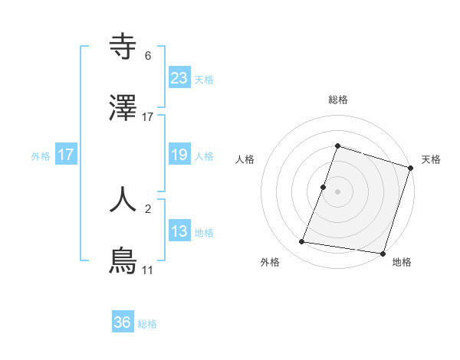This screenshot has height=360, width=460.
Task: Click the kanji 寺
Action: point(123,47)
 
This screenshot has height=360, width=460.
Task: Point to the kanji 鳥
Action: point(123,260)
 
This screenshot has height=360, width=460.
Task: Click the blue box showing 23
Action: point(179,78)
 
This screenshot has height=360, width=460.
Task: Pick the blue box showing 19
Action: point(179,155)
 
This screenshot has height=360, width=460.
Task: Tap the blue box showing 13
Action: point(179,231)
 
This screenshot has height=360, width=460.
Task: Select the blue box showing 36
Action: point(123,322)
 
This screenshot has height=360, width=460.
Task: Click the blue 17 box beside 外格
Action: point(66,155)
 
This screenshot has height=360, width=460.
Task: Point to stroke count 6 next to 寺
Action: point(148,56)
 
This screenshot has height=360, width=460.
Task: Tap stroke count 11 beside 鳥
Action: point(147,270)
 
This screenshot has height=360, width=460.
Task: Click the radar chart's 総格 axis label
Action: point(337,100)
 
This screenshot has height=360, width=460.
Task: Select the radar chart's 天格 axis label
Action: point(431,159)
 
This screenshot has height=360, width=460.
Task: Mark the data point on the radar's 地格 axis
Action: point(383,253)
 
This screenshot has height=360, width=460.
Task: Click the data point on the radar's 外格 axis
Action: point(302,242)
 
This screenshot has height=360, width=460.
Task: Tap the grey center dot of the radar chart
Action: point(337,191)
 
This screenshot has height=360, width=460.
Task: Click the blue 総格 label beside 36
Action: point(147,324)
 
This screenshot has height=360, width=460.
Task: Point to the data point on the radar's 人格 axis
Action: point(324,187)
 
